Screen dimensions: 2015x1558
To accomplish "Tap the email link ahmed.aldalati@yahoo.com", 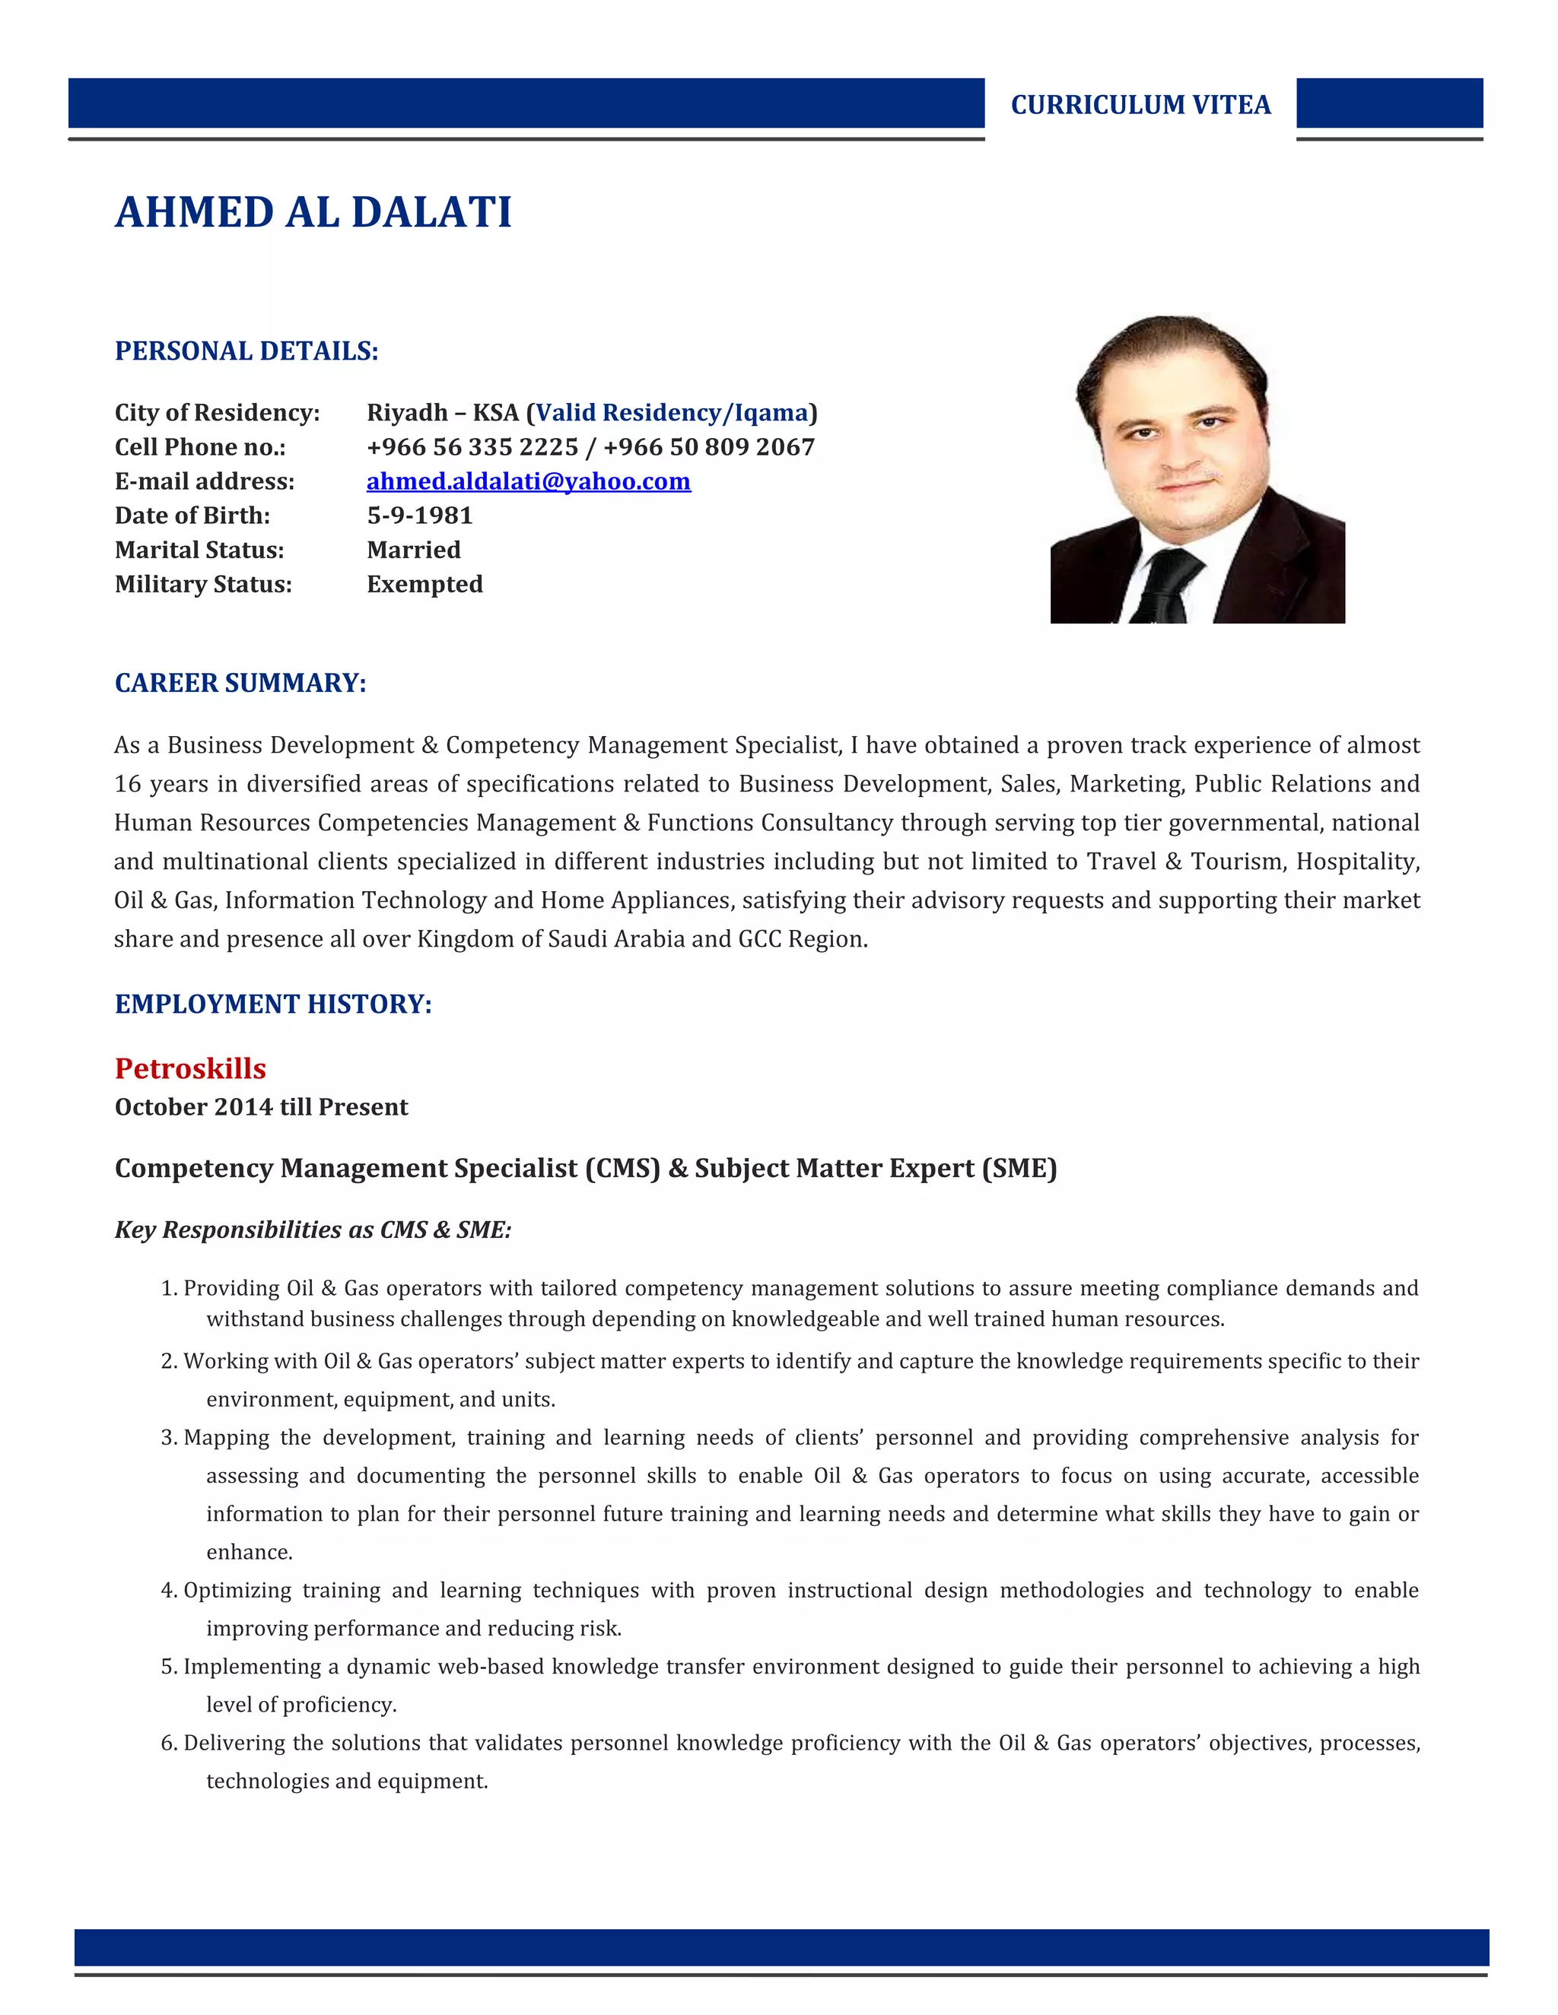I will [x=528, y=481].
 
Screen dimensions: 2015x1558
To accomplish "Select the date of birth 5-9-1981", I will [x=419, y=516].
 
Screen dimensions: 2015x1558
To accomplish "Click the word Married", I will [x=414, y=550].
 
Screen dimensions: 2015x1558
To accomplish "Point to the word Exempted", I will [x=424, y=584].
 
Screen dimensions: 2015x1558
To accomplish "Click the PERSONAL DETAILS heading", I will [x=246, y=351].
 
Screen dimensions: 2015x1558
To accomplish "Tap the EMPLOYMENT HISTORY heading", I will [x=273, y=1004].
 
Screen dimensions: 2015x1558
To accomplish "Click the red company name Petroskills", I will [x=190, y=1068].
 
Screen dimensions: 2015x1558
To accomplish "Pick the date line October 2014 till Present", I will [x=261, y=1107].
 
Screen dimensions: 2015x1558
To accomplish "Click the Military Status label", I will [x=203, y=584].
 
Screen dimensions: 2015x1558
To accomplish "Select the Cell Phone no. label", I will [x=200, y=447].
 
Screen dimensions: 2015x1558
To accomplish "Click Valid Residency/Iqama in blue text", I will [x=672, y=412].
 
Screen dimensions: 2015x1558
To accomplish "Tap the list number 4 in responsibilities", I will [x=168, y=1591].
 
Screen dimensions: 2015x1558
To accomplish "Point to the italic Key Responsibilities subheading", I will [x=313, y=1230].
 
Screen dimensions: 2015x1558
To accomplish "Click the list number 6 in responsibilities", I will [x=168, y=1743].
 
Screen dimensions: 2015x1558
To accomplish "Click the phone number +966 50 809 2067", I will [x=709, y=447].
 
